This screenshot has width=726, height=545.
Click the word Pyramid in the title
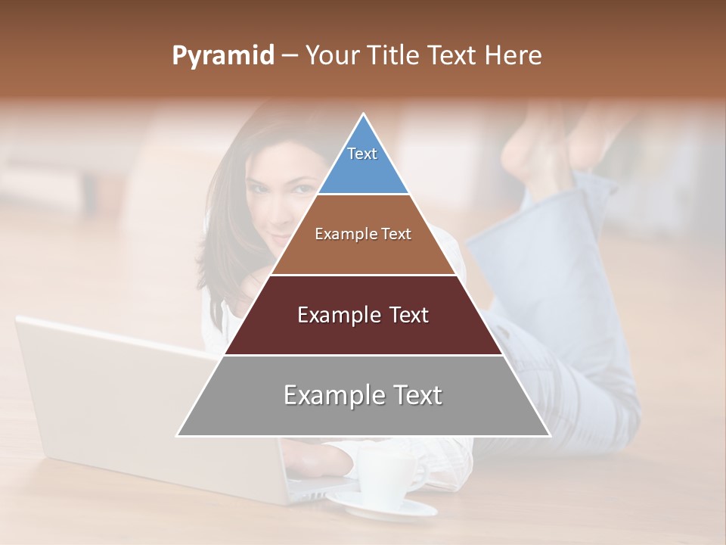[222, 56]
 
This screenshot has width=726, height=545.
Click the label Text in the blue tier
[362, 154]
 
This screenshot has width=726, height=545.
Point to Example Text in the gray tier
[363, 395]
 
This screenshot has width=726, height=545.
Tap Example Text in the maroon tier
[363, 315]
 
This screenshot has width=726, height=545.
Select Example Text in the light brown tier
[363, 234]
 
